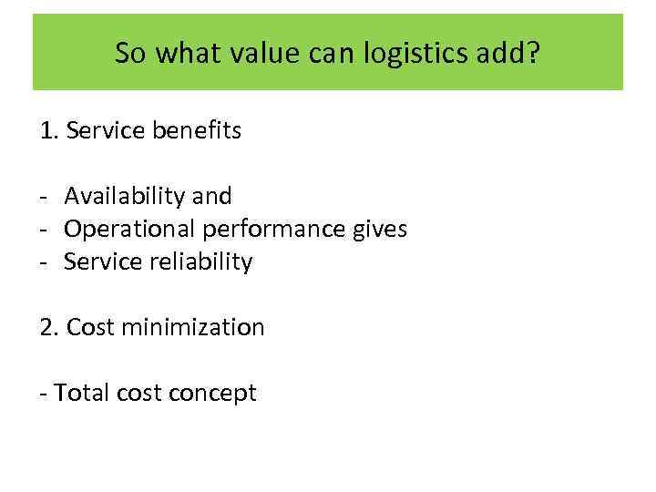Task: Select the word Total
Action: pyautogui.click(x=81, y=393)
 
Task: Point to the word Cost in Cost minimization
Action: pyautogui.click(x=89, y=327)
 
